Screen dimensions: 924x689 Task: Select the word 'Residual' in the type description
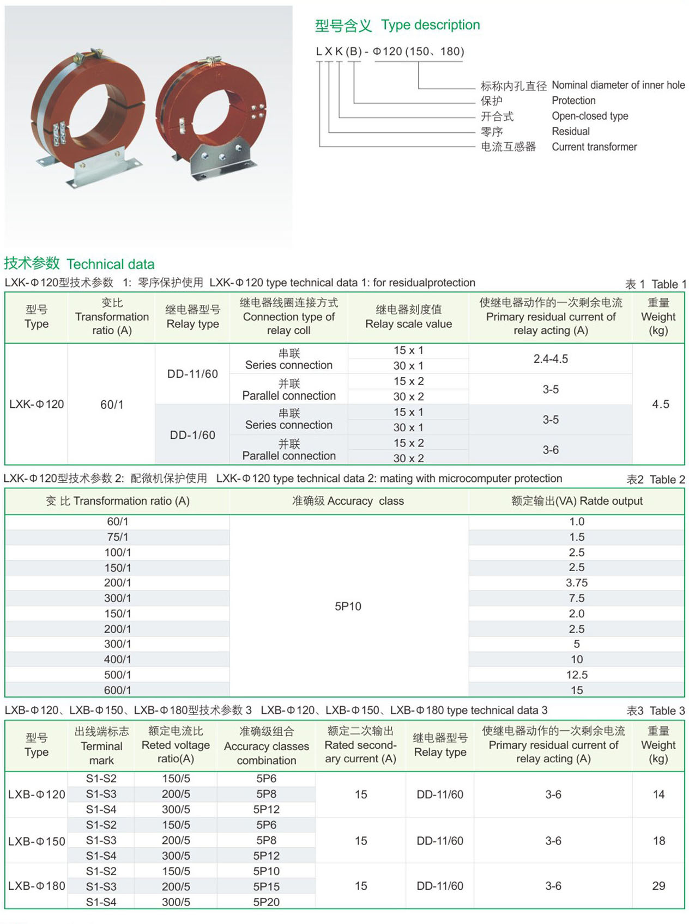click(570, 131)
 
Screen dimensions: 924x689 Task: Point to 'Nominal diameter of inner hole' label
click(618, 85)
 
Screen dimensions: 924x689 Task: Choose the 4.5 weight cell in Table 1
click(660, 404)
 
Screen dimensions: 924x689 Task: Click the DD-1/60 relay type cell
click(192, 435)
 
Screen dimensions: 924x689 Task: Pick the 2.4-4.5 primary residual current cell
click(550, 359)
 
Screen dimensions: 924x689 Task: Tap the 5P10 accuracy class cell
click(348, 606)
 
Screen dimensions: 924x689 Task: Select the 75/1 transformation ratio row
click(118, 537)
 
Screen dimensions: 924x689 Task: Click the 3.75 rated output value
click(576, 583)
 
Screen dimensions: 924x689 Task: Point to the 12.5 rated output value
click(576, 675)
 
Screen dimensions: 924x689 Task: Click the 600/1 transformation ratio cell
click(118, 690)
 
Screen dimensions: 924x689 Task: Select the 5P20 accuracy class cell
click(266, 902)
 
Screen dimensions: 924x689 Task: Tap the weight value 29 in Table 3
click(658, 886)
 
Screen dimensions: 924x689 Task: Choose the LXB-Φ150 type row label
click(37, 841)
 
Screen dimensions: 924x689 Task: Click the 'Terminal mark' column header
click(101, 746)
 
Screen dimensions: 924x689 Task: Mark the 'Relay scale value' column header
click(408, 317)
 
